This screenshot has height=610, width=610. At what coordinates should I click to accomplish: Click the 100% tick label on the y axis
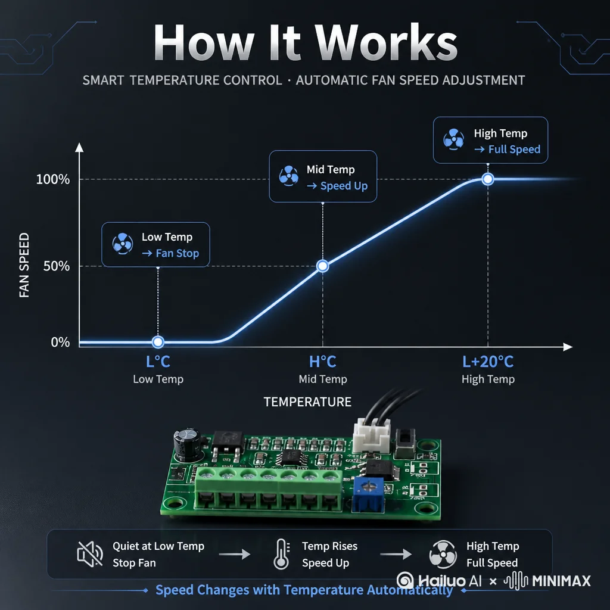(x=53, y=179)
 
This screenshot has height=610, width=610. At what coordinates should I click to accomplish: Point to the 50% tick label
(x=57, y=266)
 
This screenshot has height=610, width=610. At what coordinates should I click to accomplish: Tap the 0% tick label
(x=60, y=342)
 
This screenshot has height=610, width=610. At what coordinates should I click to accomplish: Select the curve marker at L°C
(x=158, y=342)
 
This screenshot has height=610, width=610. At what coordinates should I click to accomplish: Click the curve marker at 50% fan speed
(x=322, y=266)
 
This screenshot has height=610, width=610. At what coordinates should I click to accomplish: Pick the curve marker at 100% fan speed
(x=488, y=179)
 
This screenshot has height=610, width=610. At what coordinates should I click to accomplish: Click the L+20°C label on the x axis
(x=488, y=362)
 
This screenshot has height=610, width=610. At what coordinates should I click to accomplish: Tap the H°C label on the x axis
(x=322, y=362)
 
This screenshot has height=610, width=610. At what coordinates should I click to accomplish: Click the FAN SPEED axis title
(x=24, y=265)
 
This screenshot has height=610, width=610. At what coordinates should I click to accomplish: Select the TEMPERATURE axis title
(x=307, y=402)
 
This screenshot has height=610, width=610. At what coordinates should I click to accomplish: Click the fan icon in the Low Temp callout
(x=123, y=244)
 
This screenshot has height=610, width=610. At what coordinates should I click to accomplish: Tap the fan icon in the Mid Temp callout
(x=289, y=176)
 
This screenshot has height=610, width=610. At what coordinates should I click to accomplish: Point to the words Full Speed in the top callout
(x=514, y=150)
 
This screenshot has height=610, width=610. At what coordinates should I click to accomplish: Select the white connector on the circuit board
(x=372, y=435)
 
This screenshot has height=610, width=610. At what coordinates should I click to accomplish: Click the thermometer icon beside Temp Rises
(x=282, y=555)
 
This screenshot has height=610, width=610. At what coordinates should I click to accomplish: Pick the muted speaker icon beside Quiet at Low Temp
(x=91, y=554)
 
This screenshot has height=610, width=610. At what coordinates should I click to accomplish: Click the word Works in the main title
(x=385, y=42)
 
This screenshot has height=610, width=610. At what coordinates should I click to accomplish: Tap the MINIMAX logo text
(x=561, y=581)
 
